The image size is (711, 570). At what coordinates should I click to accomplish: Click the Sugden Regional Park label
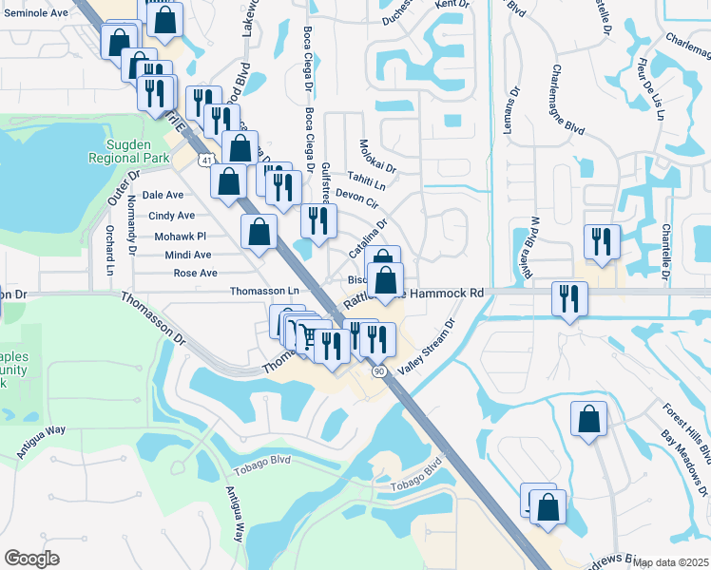[x=136, y=149]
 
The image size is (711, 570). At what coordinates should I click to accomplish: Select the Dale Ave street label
[x=162, y=195]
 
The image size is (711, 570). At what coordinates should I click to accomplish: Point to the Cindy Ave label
[x=171, y=216]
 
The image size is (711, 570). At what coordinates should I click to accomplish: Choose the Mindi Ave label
[x=188, y=255]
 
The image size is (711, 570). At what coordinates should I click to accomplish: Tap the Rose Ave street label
[x=196, y=273]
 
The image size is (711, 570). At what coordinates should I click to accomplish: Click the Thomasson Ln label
[x=265, y=291]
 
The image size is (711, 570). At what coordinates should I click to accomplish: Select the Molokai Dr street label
[x=377, y=157]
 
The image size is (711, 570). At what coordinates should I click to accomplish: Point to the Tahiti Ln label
[x=366, y=183]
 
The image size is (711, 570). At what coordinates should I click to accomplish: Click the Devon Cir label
[x=357, y=201]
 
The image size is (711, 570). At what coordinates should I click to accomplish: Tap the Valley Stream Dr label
[x=429, y=348]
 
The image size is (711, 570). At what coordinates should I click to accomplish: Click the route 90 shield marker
[x=379, y=370]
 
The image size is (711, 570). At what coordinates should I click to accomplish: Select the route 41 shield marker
[x=206, y=161]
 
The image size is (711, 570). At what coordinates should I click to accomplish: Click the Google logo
[x=31, y=558]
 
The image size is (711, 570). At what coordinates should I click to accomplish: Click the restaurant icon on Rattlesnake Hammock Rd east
[x=568, y=298]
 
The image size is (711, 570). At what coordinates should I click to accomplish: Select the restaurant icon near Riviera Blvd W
[x=603, y=240]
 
